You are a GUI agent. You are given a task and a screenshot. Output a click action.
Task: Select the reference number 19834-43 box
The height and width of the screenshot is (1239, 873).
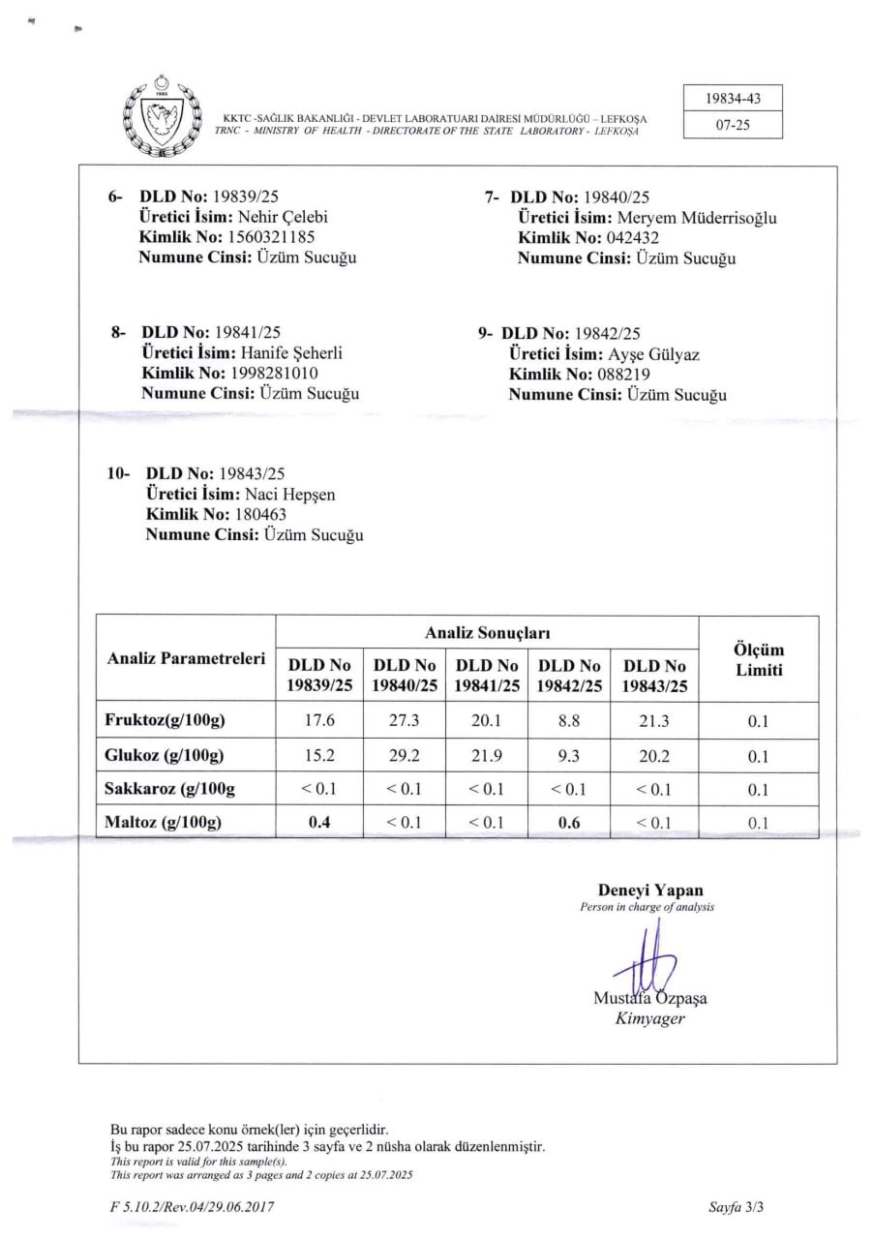pos(732,99)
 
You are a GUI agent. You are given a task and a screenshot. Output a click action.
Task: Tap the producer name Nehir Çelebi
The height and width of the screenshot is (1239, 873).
pos(287,217)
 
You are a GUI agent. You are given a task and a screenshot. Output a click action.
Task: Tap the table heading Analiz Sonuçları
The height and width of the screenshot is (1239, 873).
pos(487,632)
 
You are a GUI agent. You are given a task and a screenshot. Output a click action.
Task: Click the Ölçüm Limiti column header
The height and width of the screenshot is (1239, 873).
pos(759,660)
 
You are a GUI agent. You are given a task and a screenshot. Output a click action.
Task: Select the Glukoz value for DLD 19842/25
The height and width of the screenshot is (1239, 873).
pos(569,755)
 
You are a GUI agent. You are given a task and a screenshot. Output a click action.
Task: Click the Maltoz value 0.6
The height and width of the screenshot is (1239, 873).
pos(569,822)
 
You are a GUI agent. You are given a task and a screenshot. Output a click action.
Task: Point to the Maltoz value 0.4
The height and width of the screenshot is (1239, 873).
pos(319,822)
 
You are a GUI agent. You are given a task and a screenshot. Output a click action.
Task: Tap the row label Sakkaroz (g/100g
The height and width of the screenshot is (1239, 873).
pos(169,789)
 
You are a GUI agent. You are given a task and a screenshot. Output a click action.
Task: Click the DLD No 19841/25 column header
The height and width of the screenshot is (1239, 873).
pos(487,676)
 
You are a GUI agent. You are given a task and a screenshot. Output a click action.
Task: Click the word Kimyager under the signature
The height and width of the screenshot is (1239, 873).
pos(649,1018)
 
